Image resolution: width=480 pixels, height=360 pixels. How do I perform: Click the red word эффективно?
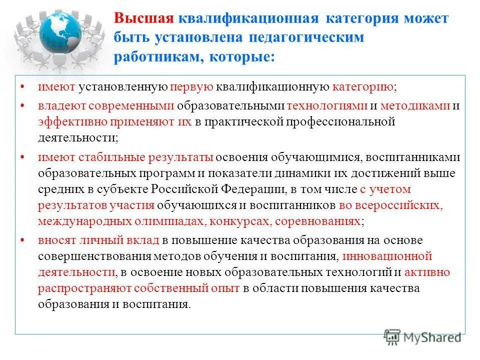pyautogui.click(x=66, y=121)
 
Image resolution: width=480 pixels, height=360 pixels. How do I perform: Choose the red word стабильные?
pyautogui.click(x=111, y=157)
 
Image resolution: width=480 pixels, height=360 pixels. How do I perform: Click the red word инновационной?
pyautogui.click(x=388, y=256)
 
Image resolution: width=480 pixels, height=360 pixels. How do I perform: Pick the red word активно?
pyautogui.click(x=427, y=272)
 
